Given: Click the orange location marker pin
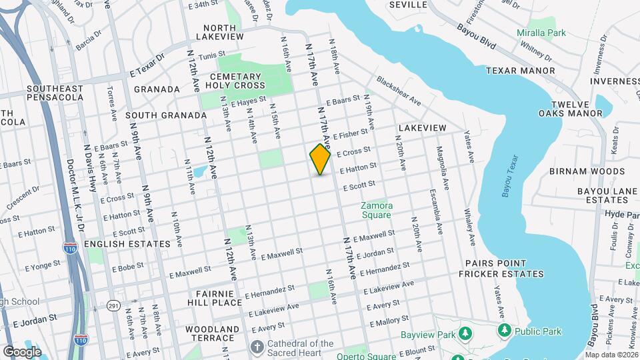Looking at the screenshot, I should [321, 159].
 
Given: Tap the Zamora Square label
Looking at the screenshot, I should [376, 210].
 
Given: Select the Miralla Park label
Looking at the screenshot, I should [541, 33].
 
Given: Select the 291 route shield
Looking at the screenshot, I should [113, 305].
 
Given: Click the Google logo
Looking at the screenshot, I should [22, 351].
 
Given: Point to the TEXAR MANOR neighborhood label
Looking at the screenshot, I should [520, 70].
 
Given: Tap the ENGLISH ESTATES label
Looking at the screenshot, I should [128, 244].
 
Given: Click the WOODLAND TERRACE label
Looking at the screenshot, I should [212, 333].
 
